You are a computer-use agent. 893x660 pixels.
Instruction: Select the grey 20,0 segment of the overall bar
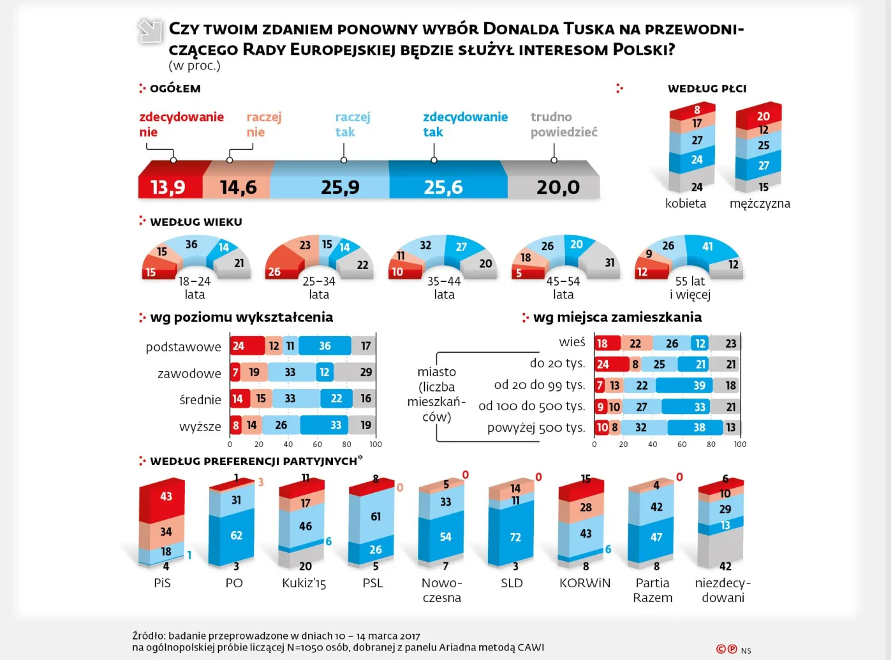click(x=557, y=187)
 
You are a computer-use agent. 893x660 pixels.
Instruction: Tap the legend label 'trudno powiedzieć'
click(x=563, y=124)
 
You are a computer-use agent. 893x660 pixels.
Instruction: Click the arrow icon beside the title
click(x=151, y=31)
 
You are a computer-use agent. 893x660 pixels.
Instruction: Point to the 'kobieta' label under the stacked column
click(x=685, y=203)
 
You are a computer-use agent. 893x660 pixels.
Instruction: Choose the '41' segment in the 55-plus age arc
click(x=708, y=247)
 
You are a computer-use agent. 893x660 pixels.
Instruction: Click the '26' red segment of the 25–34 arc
click(x=275, y=271)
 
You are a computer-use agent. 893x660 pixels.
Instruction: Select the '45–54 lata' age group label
click(x=563, y=288)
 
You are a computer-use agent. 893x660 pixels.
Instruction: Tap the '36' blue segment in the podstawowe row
click(x=325, y=346)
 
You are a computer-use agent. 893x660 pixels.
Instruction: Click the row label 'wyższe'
click(x=200, y=426)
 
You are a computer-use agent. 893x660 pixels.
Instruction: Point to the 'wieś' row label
click(x=572, y=342)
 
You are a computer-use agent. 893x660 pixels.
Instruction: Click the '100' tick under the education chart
click(x=375, y=444)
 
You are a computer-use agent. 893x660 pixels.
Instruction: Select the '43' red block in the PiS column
click(x=166, y=497)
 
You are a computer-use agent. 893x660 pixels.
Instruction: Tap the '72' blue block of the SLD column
click(x=515, y=538)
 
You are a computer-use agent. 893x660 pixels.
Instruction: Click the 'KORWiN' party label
click(x=584, y=583)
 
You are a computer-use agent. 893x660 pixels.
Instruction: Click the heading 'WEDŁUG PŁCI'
click(x=707, y=89)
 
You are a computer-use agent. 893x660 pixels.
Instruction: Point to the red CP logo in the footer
click(x=726, y=649)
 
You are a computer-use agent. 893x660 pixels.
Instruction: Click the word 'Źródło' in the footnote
click(x=149, y=636)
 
